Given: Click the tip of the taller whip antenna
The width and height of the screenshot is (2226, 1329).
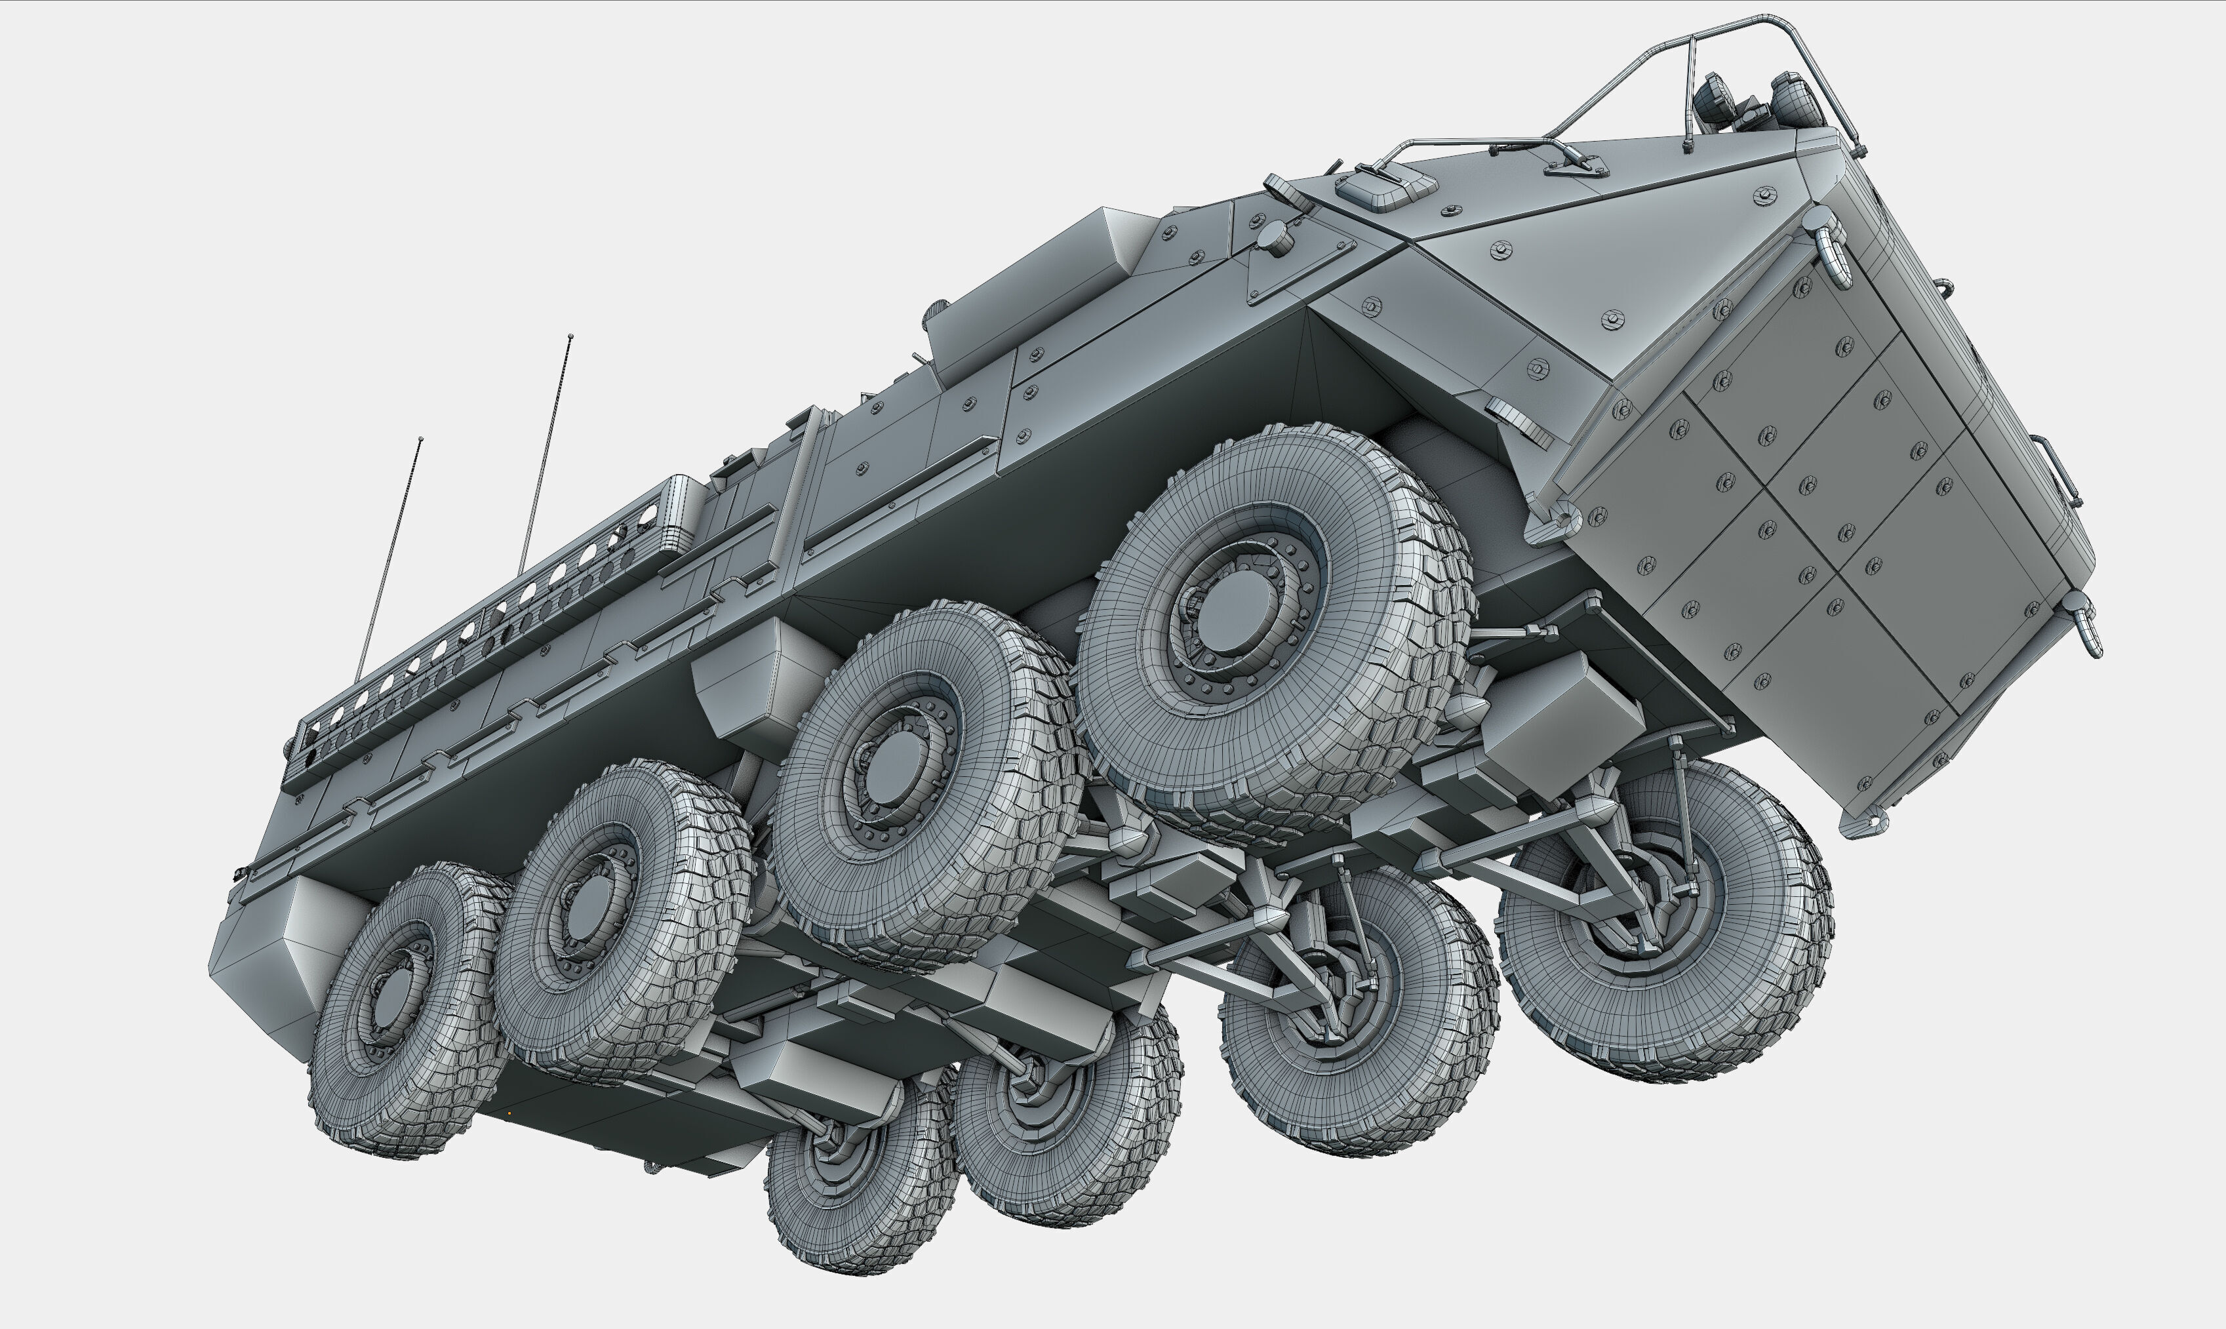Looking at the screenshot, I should [570, 337].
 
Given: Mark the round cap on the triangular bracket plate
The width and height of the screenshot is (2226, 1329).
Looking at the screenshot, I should [1273, 237].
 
